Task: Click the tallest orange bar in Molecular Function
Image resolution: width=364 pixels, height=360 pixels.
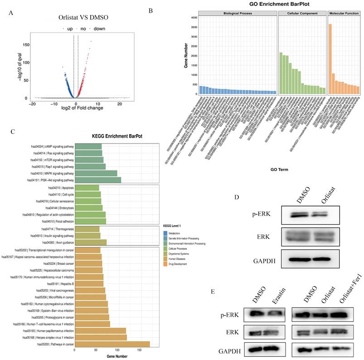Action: pos(330,59)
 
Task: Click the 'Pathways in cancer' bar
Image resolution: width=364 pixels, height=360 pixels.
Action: pos(112,345)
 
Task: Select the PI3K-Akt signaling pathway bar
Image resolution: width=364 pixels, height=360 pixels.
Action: pos(98,180)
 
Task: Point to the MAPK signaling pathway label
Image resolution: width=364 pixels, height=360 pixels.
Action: pos(52,173)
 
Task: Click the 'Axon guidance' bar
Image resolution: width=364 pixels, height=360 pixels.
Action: pos(91,242)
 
